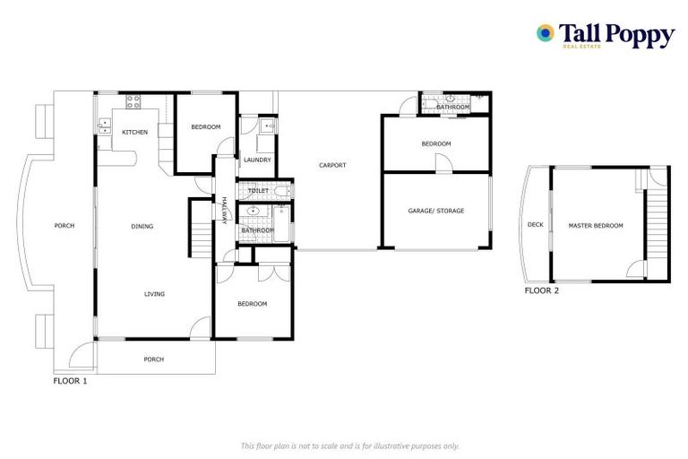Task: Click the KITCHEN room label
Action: [135, 133]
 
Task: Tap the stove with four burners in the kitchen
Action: [133, 101]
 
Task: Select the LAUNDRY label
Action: [257, 160]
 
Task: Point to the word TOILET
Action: [258, 191]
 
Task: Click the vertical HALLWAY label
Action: [224, 212]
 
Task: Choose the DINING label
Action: [142, 227]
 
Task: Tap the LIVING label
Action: [154, 294]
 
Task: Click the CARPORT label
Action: [331, 165]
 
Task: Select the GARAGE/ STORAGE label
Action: [436, 211]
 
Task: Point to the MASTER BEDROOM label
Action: [595, 226]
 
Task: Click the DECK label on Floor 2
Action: [535, 226]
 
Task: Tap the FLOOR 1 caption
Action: [71, 381]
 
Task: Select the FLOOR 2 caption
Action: [542, 290]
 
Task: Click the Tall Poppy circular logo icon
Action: [545, 33]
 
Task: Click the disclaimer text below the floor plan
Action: [349, 446]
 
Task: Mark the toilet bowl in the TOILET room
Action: [280, 191]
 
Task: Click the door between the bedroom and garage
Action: [441, 165]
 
